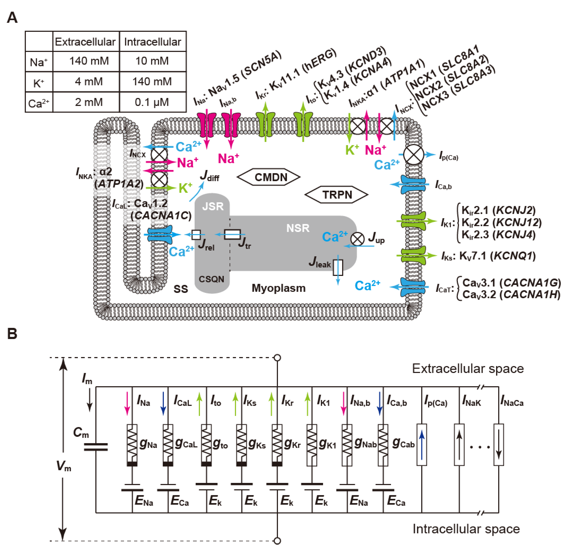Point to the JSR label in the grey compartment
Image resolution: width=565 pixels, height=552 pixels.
point(213,206)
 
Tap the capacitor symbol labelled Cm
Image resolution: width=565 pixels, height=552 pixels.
point(96,447)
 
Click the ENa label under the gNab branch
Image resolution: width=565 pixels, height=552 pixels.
point(359,501)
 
